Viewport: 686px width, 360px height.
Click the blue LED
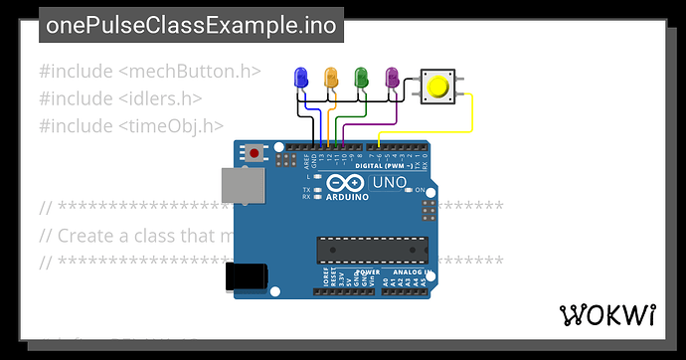click(302, 76)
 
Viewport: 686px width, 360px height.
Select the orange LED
click(332, 76)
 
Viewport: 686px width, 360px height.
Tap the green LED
click(362, 76)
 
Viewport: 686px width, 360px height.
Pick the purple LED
click(392, 76)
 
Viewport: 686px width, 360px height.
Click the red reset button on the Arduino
click(257, 154)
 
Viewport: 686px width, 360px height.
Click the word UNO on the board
click(388, 182)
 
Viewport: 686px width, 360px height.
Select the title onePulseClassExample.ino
click(191, 25)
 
